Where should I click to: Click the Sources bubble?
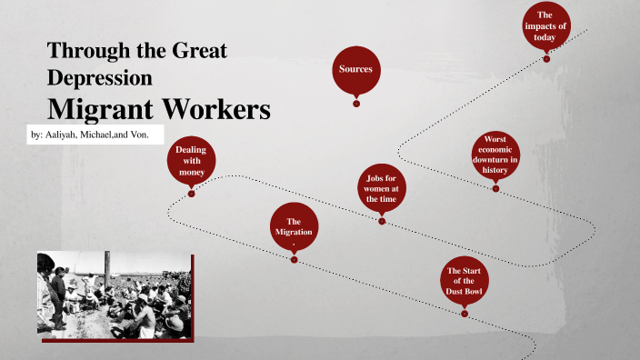tap(355, 69)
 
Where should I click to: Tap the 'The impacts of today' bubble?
tap(545, 25)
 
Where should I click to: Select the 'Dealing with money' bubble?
tap(191, 160)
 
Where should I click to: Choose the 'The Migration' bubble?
tap(294, 226)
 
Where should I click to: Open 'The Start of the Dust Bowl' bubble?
tap(464, 282)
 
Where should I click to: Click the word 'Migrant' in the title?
tap(100, 109)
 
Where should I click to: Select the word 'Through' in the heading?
tap(86, 50)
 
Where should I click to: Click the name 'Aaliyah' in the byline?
tap(66, 135)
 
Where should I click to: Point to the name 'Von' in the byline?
tap(145, 135)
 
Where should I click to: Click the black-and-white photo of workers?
tap(114, 293)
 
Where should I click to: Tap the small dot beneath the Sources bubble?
tap(356, 104)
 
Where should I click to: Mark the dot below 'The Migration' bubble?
tap(294, 259)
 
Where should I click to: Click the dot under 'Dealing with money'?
tap(191, 193)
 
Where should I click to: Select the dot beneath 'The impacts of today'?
tap(546, 59)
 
